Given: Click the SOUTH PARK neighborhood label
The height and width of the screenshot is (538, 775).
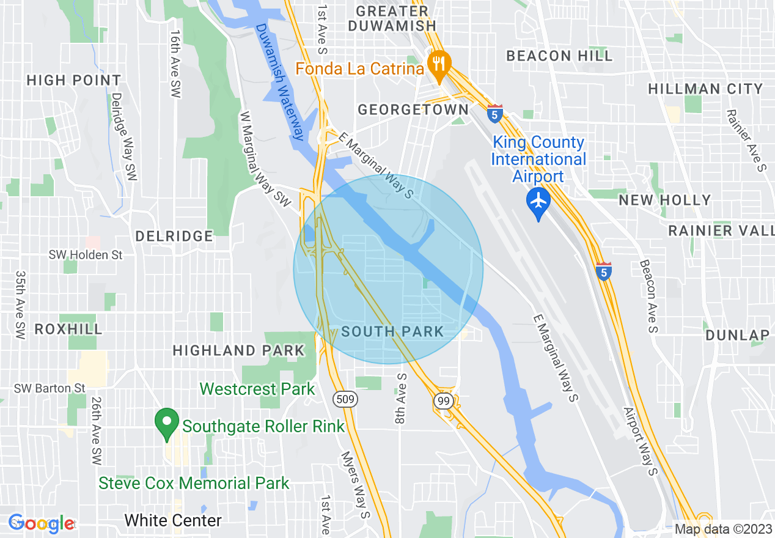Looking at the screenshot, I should (392, 331).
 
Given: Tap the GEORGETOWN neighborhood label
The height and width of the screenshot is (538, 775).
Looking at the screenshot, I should (413, 109).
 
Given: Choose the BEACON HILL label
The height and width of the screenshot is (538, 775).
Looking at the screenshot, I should (559, 56).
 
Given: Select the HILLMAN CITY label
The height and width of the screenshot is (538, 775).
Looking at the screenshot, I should (705, 89).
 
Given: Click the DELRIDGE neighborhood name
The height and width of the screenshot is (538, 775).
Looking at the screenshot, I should (174, 236).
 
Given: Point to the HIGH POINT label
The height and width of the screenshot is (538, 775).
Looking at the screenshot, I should (74, 80).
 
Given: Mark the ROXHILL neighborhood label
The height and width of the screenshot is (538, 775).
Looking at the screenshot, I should (68, 329).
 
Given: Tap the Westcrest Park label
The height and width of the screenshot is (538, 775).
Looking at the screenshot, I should (257, 389).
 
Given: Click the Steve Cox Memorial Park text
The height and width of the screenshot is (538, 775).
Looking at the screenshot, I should (194, 483).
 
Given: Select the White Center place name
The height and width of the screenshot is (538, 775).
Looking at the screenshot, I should (173, 520).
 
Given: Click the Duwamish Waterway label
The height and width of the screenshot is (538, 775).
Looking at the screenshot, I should (280, 82).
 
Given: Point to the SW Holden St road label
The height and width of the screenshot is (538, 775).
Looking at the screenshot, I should (86, 254).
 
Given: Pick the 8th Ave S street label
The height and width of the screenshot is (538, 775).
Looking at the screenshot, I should (401, 399).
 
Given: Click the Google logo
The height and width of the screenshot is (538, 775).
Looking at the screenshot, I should (41, 523).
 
